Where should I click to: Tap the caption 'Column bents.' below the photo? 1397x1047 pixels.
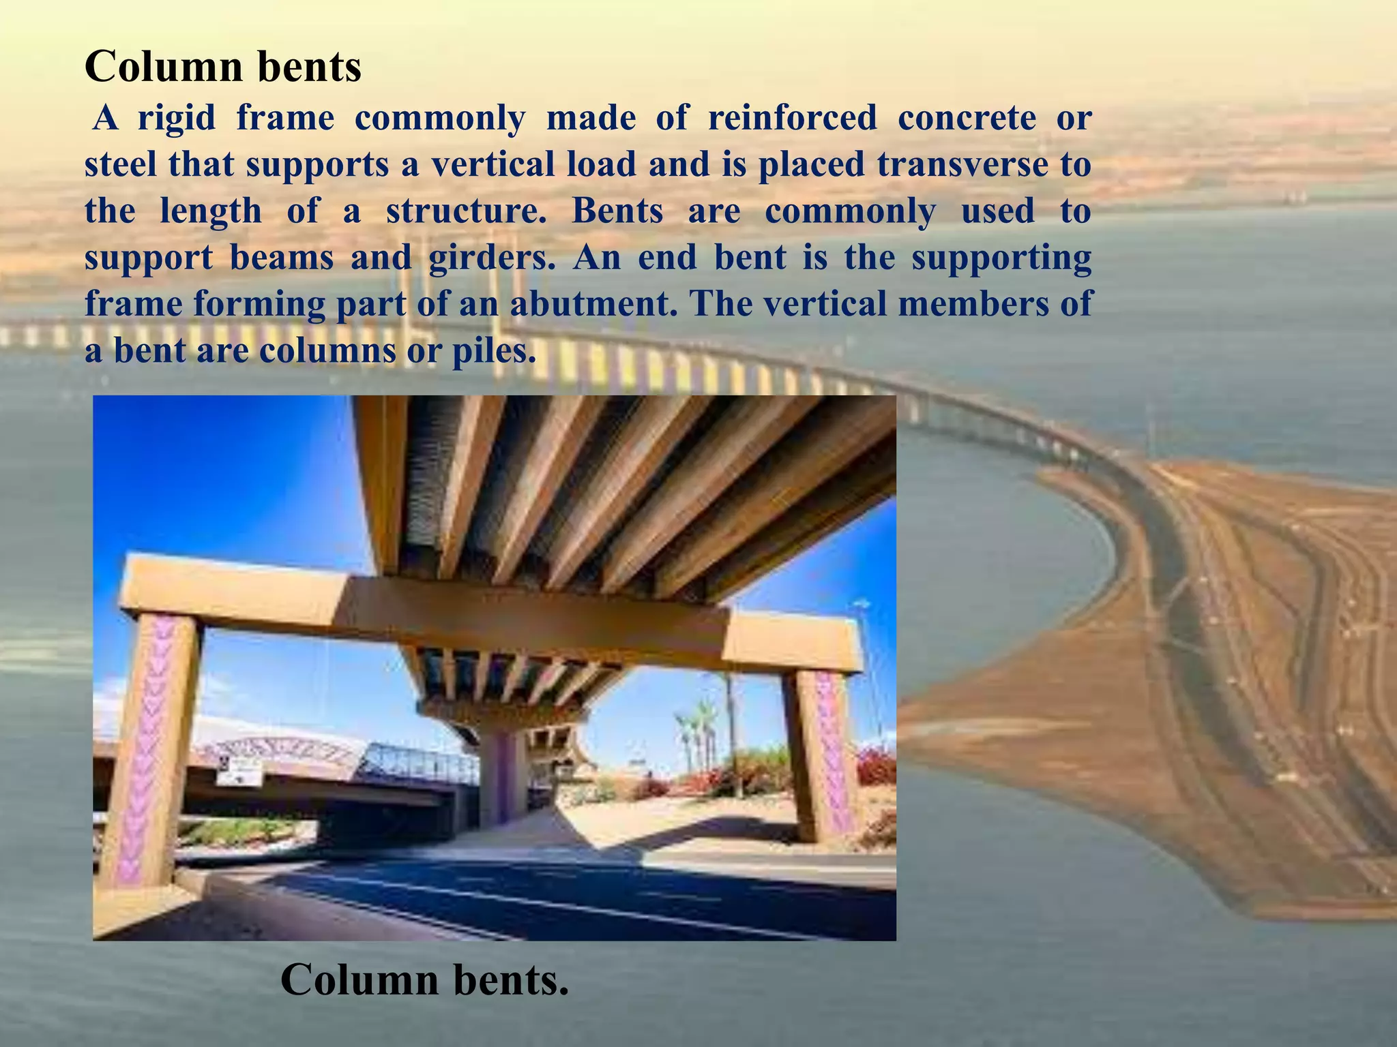click(424, 980)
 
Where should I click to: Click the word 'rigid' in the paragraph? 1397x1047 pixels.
click(177, 118)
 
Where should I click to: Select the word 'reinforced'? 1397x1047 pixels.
click(792, 118)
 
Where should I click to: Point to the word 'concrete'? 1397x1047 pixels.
click(967, 118)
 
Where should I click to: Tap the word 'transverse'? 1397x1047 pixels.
click(962, 164)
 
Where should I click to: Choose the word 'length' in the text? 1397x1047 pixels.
click(211, 211)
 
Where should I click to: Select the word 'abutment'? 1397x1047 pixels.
click(593, 304)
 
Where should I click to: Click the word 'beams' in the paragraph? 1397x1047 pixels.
click(282, 258)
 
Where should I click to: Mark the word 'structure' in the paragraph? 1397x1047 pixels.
click(466, 211)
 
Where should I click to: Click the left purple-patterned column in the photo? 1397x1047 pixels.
click(151, 750)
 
